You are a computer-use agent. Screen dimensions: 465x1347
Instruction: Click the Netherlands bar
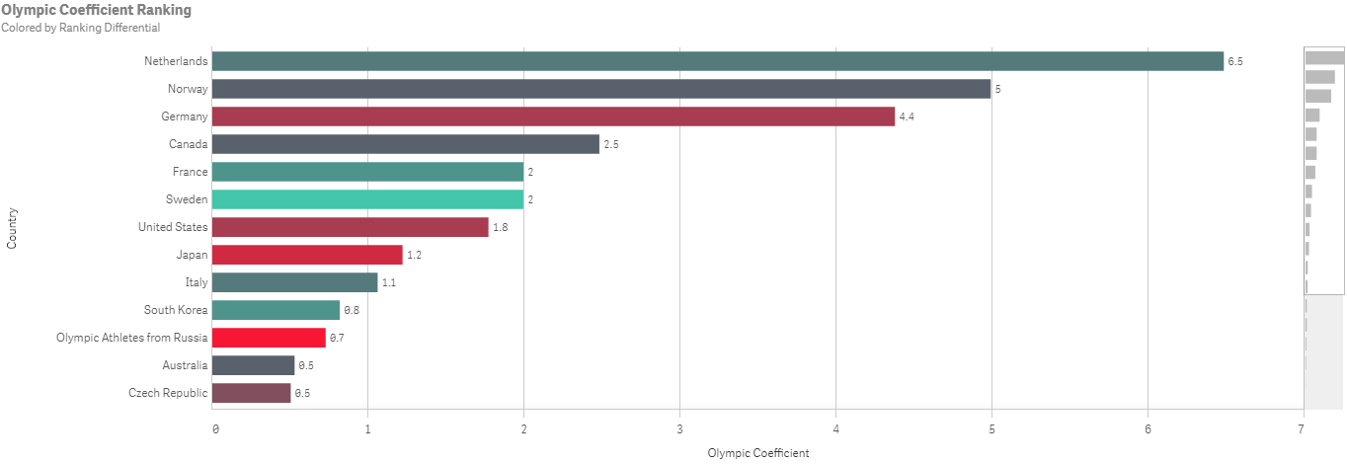tap(718, 61)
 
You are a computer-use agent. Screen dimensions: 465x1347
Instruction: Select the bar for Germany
tap(553, 116)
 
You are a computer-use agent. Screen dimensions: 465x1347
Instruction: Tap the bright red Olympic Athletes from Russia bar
tap(269, 338)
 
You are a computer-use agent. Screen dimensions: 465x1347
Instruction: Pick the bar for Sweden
tap(367, 199)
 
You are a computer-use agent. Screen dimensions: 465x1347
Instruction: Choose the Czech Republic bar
tap(252, 393)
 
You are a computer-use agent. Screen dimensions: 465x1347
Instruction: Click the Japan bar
tap(307, 255)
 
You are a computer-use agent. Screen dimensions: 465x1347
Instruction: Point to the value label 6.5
tap(1234, 61)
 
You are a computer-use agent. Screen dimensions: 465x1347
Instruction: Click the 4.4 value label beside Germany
tap(907, 116)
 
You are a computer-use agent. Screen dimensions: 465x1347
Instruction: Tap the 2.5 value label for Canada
tap(611, 144)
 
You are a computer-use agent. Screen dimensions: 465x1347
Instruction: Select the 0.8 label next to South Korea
tap(352, 310)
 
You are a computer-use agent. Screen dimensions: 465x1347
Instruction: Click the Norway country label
tap(188, 89)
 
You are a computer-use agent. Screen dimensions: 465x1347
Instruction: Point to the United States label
tap(173, 227)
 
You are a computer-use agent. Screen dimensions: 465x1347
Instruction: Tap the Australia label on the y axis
tap(185, 365)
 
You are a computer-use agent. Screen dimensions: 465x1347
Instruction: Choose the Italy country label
tap(197, 282)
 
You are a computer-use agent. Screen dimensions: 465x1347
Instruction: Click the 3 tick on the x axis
tap(679, 428)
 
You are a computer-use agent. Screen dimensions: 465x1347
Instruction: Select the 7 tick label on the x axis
tap(1302, 428)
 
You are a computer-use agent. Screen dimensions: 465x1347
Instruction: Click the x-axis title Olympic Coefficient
tap(758, 453)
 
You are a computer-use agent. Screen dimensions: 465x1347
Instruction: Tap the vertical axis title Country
tap(12, 227)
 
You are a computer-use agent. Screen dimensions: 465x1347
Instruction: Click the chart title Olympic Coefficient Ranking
tap(97, 10)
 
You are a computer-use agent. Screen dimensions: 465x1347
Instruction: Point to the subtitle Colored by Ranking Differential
tap(80, 28)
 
